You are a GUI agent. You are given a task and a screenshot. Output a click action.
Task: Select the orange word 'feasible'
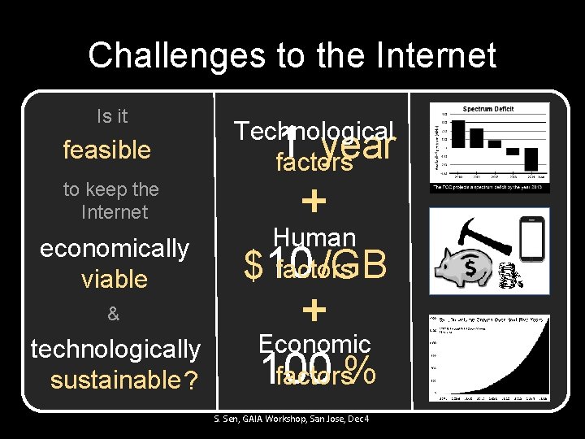[107, 150]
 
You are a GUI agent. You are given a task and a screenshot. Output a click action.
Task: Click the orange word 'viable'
[115, 280]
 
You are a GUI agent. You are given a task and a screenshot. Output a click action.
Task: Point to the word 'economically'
[115, 248]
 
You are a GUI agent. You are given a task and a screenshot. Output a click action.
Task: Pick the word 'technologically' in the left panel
[115, 349]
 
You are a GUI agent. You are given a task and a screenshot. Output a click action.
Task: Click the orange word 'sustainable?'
[123, 380]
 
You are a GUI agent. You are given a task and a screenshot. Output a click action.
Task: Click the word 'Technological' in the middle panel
[314, 130]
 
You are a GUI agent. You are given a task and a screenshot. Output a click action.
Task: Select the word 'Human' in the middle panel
[314, 237]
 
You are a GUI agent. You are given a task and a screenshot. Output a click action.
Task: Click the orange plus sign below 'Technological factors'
[314, 200]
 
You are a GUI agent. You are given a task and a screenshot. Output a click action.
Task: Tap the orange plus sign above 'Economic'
[314, 309]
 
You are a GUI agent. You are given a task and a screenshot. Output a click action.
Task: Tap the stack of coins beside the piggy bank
[510, 280]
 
